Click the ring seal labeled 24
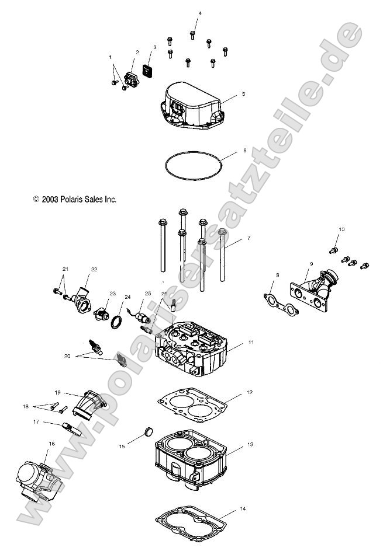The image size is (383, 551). pos(117,320)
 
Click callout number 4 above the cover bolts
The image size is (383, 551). pos(199,13)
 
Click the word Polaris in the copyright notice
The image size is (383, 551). pos(69,199)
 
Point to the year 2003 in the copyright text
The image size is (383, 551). pos(49,199)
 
